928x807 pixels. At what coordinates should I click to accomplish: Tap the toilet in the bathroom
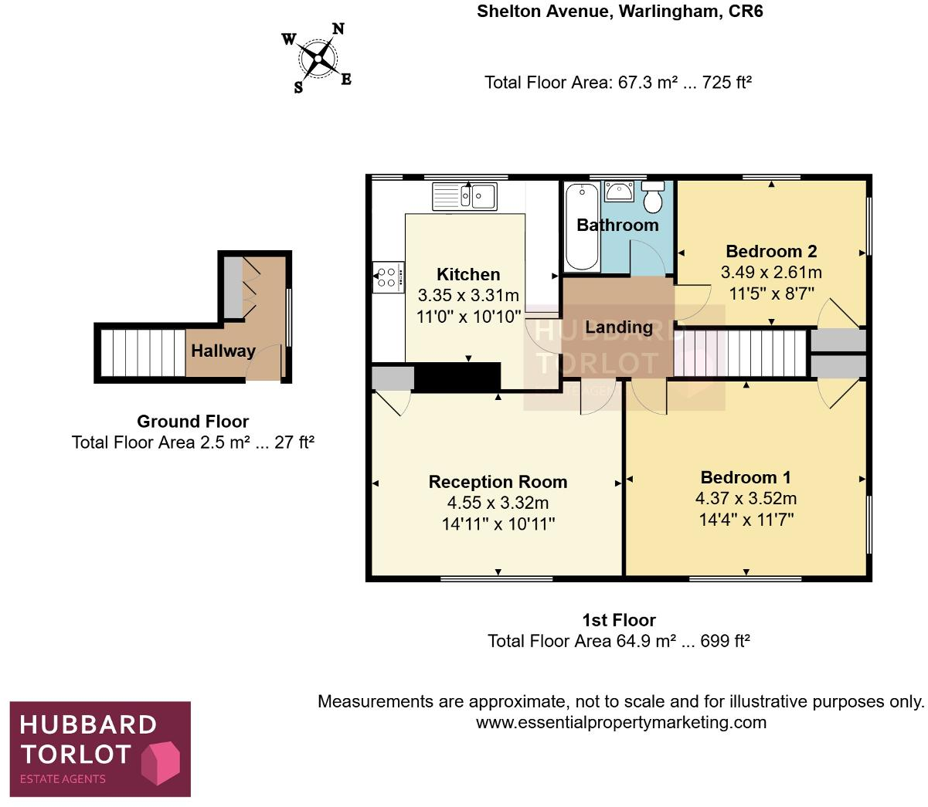click(653, 198)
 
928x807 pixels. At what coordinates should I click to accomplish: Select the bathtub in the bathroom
click(582, 226)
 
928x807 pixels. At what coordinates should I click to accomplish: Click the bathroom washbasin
click(619, 191)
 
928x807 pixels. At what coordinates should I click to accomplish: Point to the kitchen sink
click(464, 196)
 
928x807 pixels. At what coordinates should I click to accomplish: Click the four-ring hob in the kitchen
click(388, 277)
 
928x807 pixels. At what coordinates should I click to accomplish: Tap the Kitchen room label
click(468, 274)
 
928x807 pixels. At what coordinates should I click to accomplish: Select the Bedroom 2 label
click(770, 251)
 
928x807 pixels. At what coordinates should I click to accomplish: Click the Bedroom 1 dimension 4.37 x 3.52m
click(746, 498)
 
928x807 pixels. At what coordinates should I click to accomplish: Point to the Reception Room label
click(498, 482)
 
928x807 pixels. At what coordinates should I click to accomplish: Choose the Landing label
click(618, 327)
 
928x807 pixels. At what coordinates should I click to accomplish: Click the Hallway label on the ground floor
click(223, 351)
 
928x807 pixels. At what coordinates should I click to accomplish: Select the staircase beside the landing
click(739, 353)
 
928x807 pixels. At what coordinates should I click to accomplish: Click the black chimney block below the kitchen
click(457, 377)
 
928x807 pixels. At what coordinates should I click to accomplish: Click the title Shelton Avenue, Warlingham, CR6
click(619, 12)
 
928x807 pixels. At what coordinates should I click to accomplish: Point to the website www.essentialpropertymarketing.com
click(620, 723)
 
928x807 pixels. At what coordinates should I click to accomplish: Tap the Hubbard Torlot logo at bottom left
click(100, 748)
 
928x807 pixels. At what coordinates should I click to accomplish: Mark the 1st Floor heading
click(618, 620)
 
